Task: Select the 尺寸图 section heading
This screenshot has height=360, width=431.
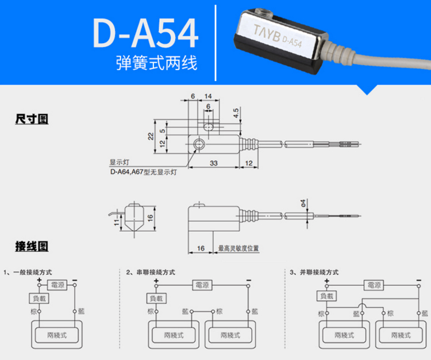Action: point(32,119)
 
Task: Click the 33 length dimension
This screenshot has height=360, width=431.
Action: point(214,163)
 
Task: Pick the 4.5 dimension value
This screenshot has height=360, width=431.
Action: point(236,113)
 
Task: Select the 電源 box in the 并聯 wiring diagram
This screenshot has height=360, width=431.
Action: point(374,285)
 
